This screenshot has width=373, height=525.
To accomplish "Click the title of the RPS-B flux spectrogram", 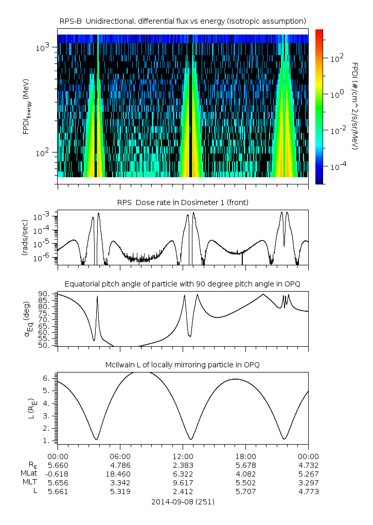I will (183, 21).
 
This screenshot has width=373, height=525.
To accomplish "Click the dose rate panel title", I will (183, 202).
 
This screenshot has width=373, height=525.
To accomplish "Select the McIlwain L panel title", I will (183, 365).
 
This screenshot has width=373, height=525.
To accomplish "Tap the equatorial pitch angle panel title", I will (183, 284).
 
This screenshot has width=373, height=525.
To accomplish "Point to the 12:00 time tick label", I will (183, 456).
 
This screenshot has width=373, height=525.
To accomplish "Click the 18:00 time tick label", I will (246, 456).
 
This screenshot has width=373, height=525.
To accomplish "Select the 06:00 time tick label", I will (120, 456).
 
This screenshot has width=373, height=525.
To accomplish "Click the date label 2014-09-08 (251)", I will (183, 501).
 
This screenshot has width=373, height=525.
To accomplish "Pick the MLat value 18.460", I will (120, 473).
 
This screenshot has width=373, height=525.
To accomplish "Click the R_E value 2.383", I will (183, 465).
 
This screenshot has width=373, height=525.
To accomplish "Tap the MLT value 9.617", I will (183, 482).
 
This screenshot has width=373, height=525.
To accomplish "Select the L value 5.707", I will (246, 491).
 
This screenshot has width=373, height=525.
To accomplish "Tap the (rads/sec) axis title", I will (24, 238).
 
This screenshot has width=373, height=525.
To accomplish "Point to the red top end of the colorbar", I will (319, 32).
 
